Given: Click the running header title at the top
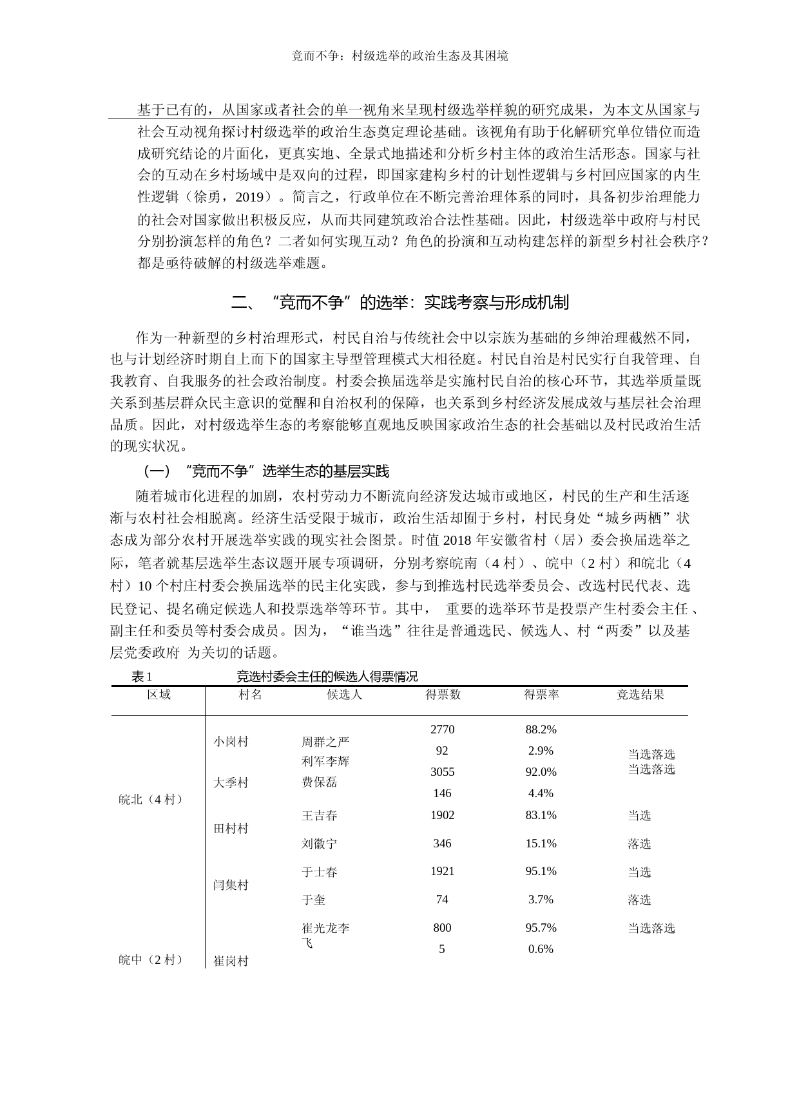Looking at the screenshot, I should coord(400,56).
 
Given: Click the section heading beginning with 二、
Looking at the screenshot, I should coord(400,302).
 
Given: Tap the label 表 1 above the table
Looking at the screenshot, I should coord(142,677).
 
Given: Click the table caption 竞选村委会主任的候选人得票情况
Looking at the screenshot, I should coord(327,677).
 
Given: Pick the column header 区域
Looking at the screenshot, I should coord(159,695).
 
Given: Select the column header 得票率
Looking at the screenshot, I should coord(541,695).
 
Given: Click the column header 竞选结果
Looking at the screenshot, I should coord(640,695).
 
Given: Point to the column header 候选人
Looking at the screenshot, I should coord(345,695).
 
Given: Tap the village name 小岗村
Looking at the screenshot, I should coord(231,742).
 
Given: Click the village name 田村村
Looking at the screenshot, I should coord(231,829).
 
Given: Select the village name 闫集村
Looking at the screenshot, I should coord(231,885).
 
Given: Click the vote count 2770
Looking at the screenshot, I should coord(442,730).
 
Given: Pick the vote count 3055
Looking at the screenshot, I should coord(442,772).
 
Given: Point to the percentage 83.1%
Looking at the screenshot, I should coord(541,815).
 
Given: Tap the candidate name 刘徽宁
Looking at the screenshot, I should coord(319,844).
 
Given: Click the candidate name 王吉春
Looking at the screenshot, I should coord(319,816).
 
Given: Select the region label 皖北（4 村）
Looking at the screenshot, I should coord(151,800).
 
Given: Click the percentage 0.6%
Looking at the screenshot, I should coord(541,949).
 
